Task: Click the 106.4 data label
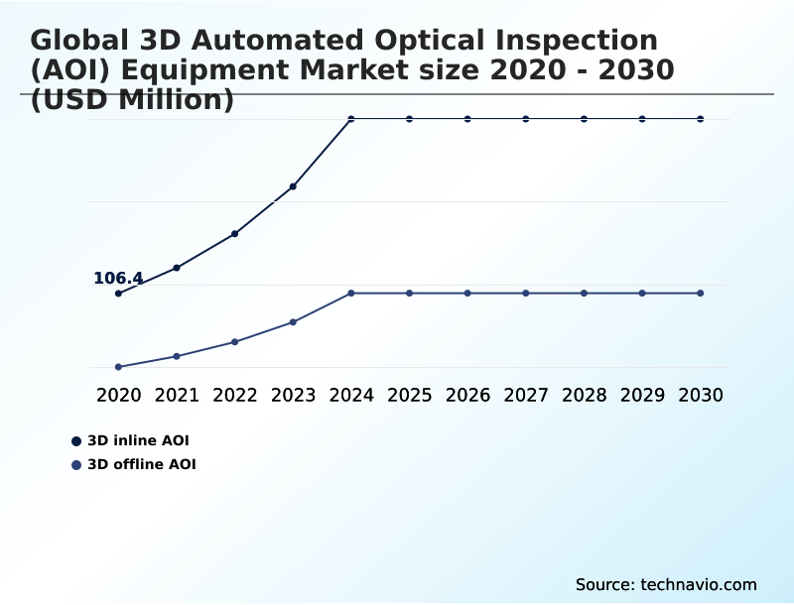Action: click(x=118, y=279)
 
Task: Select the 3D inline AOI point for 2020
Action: click(x=118, y=294)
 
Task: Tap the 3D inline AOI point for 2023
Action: click(x=293, y=186)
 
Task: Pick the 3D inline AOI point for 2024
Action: click(x=351, y=119)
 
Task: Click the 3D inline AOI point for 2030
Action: click(x=701, y=119)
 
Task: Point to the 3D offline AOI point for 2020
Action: click(x=118, y=367)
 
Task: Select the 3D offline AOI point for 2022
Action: click(x=234, y=342)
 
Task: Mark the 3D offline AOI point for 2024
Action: click(x=351, y=294)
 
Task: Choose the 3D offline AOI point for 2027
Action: click(x=526, y=294)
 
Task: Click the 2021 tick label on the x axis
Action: click(x=177, y=396)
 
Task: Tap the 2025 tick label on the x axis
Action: click(x=409, y=396)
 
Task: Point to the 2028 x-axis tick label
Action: click(x=584, y=396)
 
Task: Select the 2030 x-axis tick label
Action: click(x=701, y=396)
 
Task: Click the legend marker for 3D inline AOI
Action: click(x=76, y=441)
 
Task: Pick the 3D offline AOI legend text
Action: click(x=142, y=465)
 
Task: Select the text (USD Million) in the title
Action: click(x=132, y=100)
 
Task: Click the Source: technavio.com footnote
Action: click(x=666, y=585)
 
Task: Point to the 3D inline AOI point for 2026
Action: click(x=467, y=119)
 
